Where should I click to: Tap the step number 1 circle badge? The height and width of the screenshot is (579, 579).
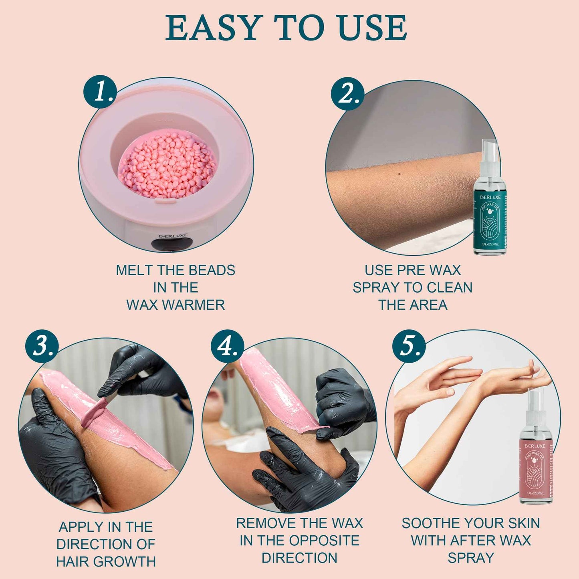point(100,92)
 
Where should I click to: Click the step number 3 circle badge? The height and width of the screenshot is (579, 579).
point(42,345)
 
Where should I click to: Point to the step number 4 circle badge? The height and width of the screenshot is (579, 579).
point(228,345)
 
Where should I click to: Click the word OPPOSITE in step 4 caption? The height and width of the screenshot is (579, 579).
point(328,541)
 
